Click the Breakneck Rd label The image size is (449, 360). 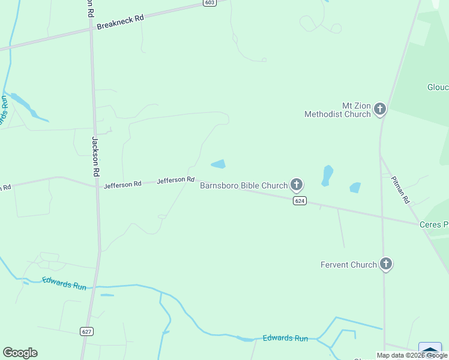121,19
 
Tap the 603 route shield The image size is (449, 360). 209,3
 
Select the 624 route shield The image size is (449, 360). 300,201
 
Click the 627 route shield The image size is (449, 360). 87,331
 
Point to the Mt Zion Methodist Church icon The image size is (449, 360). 380,109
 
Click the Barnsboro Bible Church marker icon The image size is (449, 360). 296,184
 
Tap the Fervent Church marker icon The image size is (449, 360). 386,263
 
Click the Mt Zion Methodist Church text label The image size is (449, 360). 337,109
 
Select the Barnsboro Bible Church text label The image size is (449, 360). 244,185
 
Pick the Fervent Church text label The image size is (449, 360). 349,265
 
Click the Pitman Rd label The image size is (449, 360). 400,190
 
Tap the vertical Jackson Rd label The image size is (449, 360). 95,155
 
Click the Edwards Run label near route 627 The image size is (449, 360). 64,283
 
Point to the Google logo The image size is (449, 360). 20,353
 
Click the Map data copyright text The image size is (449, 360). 412,355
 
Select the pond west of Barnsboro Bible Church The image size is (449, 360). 218,164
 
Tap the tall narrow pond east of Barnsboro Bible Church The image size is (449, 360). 327,175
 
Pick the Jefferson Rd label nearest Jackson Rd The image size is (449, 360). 122,185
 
